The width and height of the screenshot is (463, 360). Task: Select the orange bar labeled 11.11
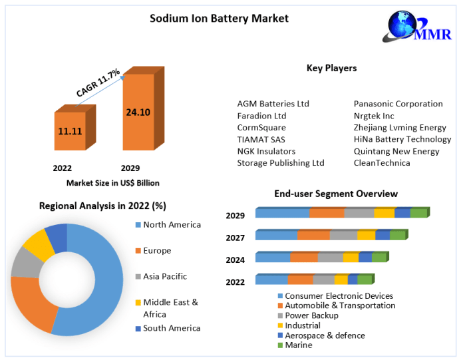[70, 131]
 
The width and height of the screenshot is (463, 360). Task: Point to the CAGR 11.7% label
[97, 83]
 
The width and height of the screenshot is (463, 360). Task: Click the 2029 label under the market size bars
[130, 168]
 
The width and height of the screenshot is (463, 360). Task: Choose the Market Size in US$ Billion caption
[113, 182]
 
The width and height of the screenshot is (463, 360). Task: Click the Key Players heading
[331, 68]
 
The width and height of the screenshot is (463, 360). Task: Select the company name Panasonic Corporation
[398, 104]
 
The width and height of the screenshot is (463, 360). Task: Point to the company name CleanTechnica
[382, 163]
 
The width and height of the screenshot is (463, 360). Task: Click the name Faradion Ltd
[261, 116]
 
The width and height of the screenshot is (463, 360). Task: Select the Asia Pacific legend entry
[164, 276]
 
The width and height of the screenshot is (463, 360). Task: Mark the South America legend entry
[171, 328]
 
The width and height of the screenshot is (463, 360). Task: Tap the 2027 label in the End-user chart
[235, 237]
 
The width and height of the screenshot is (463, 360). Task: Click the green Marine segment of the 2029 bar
[418, 213]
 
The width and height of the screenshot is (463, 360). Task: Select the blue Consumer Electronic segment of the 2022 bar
[271, 279]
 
